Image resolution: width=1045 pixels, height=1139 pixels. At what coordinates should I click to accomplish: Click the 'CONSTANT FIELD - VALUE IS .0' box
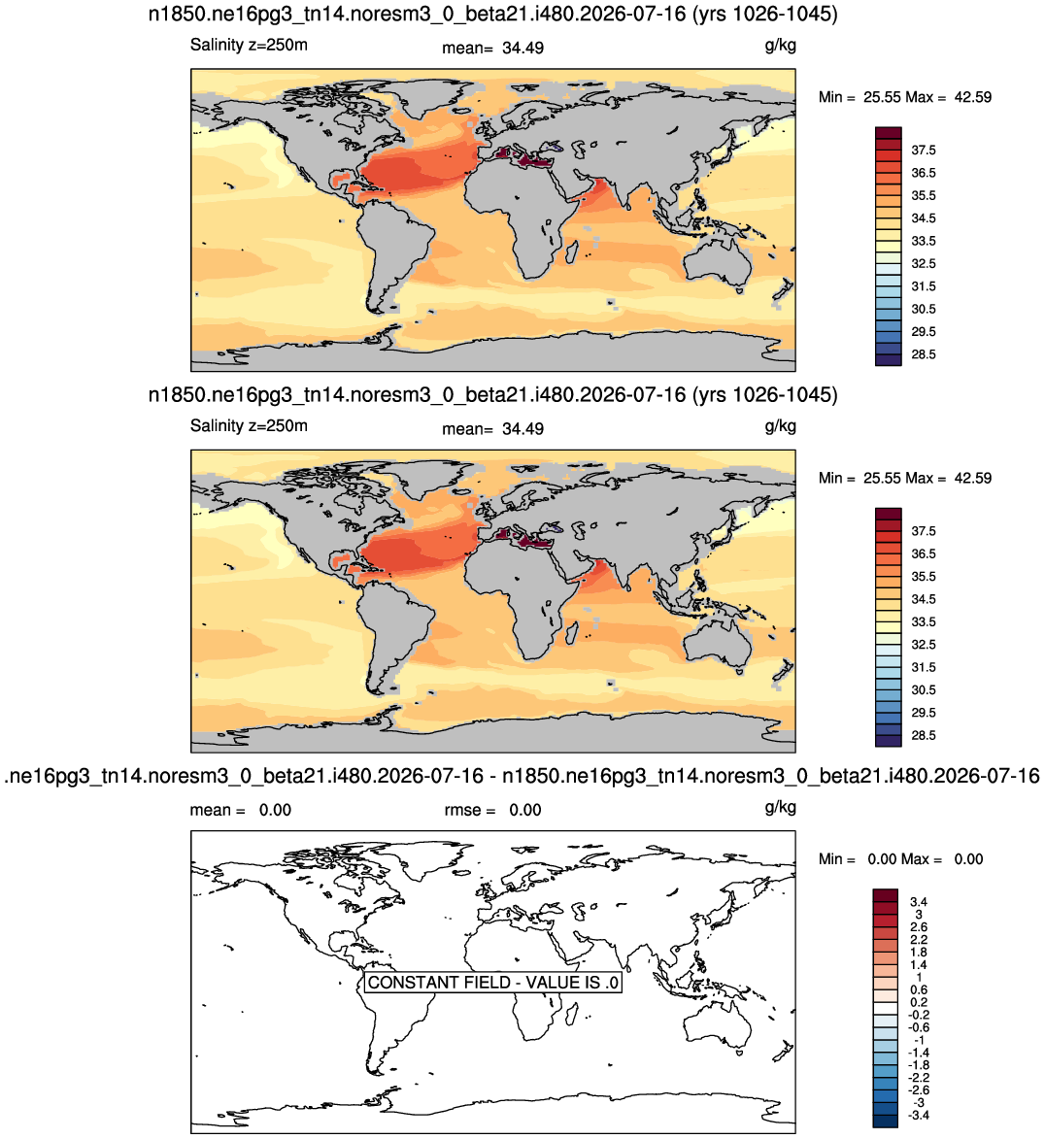point(492,982)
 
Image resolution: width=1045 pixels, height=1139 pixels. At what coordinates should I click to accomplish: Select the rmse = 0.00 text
point(492,810)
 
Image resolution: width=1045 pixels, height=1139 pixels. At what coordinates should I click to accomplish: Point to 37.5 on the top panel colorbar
point(924,151)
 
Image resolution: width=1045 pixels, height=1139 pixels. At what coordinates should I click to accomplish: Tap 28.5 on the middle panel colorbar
point(924,735)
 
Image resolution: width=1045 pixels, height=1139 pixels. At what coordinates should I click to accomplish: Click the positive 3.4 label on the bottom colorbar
point(919,901)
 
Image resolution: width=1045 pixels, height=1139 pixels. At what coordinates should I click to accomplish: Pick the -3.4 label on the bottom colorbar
point(919,1115)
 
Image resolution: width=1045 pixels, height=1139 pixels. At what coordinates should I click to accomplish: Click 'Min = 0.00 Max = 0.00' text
point(900,859)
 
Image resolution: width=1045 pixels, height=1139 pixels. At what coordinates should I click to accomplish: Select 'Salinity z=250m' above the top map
point(249,45)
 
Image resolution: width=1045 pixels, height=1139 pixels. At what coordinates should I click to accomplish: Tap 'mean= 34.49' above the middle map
point(492,429)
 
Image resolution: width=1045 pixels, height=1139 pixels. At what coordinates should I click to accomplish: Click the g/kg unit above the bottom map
point(781,807)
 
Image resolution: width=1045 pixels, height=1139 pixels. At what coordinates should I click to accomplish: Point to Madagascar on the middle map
point(572,633)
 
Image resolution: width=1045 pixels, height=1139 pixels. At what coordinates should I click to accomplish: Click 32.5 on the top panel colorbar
point(924,264)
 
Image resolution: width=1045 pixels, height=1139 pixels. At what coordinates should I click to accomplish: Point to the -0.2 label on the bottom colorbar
point(919,1015)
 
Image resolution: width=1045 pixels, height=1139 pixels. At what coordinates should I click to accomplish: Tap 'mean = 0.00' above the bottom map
point(241,810)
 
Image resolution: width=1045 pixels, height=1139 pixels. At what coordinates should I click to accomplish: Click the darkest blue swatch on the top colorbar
point(888,359)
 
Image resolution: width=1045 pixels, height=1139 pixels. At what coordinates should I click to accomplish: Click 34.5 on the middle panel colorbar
point(924,599)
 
